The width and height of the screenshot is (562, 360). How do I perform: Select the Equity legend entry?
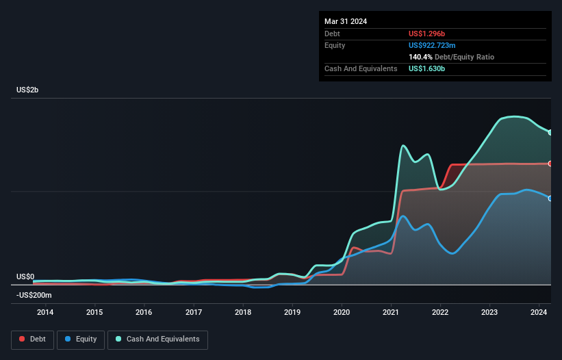(81, 339)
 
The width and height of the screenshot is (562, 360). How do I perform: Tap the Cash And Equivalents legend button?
(157, 339)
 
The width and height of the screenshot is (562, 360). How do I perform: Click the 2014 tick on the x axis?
(45, 313)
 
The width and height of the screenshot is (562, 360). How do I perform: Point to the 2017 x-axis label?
(194, 313)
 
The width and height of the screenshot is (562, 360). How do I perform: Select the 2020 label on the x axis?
(342, 313)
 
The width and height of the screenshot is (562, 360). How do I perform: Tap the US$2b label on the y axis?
(29, 90)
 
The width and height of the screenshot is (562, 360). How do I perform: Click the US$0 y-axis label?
(25, 277)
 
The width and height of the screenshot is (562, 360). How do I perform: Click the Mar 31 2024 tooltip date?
(346, 21)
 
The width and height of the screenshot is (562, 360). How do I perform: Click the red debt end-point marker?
(550, 164)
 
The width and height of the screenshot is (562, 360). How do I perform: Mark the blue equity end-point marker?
(550, 198)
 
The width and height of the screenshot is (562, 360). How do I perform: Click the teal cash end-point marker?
(550, 133)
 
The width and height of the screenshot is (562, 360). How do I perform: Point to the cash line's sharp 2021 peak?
(404, 145)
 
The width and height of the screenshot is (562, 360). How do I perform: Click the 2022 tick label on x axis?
(440, 313)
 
